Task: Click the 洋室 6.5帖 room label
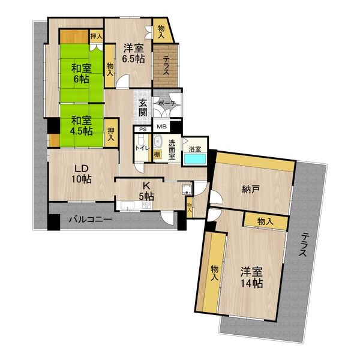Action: point(133,53)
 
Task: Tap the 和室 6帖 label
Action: point(81,73)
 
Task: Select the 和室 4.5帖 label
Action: point(82,125)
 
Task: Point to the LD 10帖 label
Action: point(82,174)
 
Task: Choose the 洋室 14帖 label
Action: point(251,277)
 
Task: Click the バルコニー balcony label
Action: point(91,219)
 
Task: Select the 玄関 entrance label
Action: point(143,107)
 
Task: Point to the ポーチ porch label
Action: point(167,104)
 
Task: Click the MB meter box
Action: point(161,126)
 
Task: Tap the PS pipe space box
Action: point(143,130)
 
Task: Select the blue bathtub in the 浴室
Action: point(195,159)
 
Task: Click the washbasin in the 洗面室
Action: point(157,142)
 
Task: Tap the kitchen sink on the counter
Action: point(128,205)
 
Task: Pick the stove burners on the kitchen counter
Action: point(147,205)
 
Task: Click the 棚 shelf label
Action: point(157,154)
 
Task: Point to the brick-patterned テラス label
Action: point(166,66)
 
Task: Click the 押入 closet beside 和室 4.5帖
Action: point(111,134)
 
